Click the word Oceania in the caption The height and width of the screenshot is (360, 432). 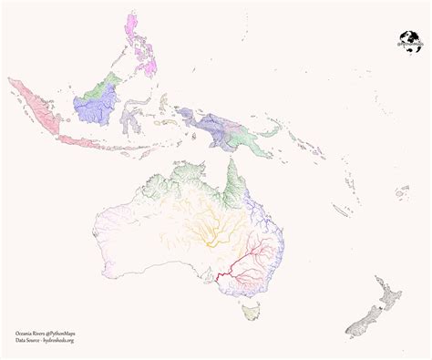click(26, 333)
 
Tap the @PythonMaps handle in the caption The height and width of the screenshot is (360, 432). click(67, 333)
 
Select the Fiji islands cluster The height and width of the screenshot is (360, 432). click(403, 193)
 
